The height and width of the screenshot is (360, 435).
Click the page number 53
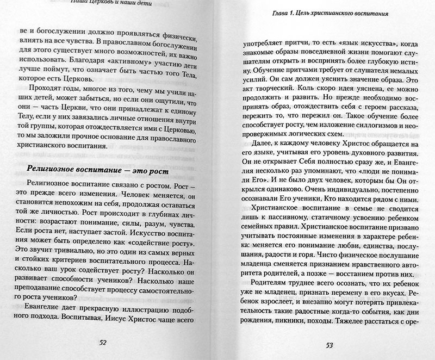(x=330, y=345)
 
